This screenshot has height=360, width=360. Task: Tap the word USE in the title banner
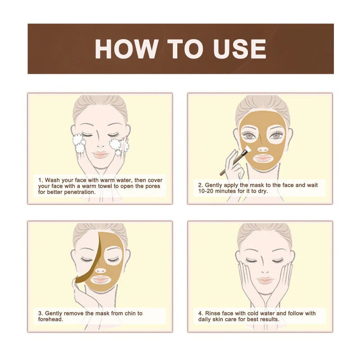[240, 49]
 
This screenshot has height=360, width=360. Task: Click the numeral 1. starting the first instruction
[40, 180]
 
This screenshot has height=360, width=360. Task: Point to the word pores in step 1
[151, 186]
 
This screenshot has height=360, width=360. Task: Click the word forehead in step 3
[50, 319]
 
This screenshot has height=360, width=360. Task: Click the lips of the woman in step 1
[101, 154]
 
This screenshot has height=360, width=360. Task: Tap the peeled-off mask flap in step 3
[85, 270]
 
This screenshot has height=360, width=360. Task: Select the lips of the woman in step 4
[265, 280]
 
